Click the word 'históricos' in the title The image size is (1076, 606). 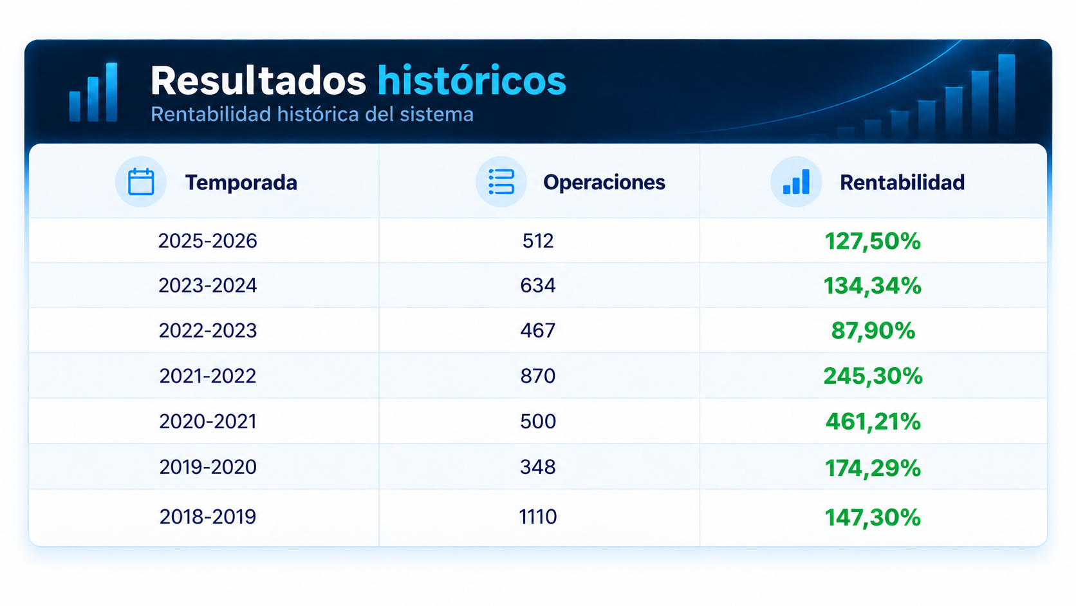(471, 80)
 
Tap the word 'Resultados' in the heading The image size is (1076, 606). (259, 80)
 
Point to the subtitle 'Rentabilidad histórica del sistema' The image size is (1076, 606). (311, 115)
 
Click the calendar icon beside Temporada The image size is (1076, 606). (141, 182)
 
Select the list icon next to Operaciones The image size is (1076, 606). (501, 182)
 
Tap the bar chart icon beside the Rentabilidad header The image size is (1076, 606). (796, 182)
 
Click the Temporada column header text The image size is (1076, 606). (241, 183)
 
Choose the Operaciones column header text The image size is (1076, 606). (604, 183)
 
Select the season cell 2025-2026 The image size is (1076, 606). (207, 241)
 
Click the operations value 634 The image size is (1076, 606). (538, 285)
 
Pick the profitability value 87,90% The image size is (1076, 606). (873, 330)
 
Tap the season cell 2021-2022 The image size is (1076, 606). (207, 376)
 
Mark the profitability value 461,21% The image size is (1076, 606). (873, 421)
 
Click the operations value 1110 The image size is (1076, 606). (537, 516)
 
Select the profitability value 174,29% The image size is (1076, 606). (873, 468)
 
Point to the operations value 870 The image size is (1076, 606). (538, 376)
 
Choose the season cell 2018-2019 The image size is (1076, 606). (207, 516)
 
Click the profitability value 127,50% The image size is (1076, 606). (873, 241)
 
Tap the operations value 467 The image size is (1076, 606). (538, 330)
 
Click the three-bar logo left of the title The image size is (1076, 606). (93, 92)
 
